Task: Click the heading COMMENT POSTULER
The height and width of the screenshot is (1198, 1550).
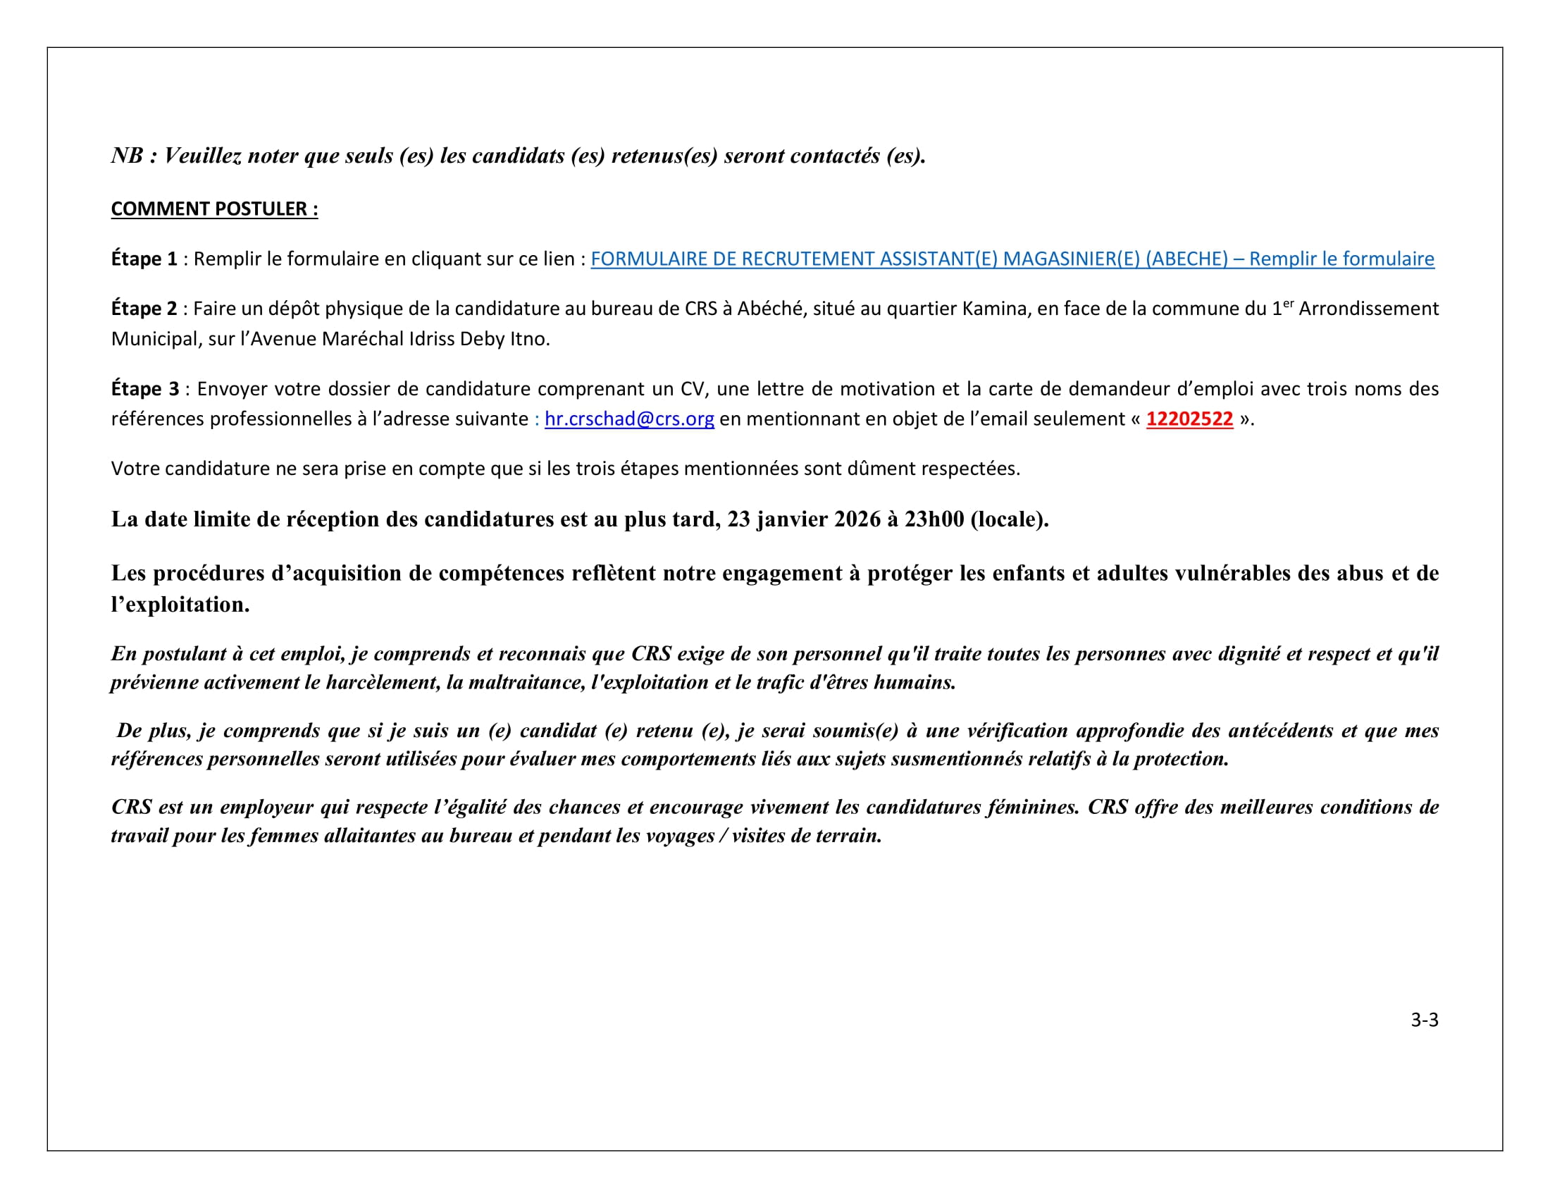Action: coord(214,209)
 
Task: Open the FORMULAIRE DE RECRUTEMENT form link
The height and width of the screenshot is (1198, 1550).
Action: coord(1012,259)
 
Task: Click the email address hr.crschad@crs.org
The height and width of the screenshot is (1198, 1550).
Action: coord(628,419)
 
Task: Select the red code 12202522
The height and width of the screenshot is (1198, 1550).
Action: coord(1189,419)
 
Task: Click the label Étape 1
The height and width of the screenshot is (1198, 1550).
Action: coord(144,259)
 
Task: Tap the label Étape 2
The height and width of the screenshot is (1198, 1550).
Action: coord(144,309)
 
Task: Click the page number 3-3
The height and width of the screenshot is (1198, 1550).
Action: coord(1424,1020)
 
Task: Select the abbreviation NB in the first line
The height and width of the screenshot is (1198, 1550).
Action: coord(128,156)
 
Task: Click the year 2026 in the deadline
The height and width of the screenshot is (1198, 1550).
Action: coord(857,519)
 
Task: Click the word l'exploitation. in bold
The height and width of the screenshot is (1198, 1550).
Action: coord(180,605)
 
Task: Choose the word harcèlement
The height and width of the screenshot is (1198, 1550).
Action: coord(383,682)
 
